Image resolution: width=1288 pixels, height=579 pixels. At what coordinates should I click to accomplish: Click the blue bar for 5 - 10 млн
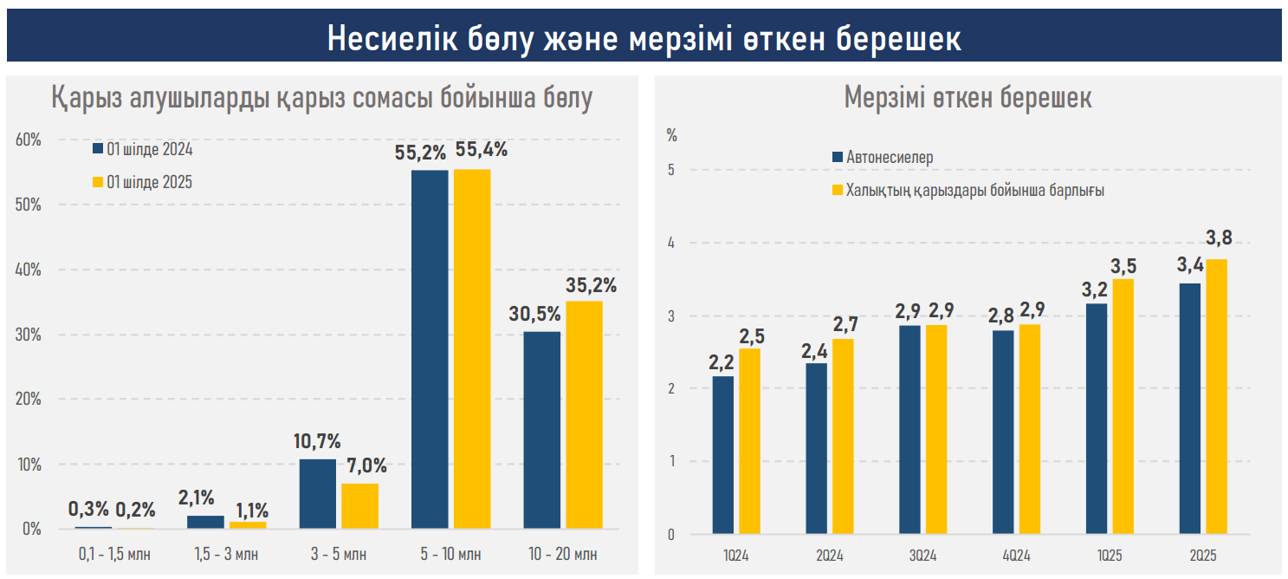(430, 349)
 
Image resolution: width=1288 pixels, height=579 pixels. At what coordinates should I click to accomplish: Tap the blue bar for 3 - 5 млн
(317, 493)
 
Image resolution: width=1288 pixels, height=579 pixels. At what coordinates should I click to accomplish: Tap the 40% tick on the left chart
(29, 270)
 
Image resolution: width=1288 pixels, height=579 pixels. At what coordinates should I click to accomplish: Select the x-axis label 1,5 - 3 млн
(227, 554)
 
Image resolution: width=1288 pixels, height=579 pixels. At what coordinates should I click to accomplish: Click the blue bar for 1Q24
(723, 454)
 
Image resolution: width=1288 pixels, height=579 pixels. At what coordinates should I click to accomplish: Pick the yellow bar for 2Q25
(1217, 396)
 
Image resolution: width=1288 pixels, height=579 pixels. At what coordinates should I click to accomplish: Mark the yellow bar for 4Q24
(1030, 429)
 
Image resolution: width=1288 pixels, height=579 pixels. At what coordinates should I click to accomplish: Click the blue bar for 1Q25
(1096, 418)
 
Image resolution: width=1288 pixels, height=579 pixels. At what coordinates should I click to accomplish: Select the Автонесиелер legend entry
(889, 158)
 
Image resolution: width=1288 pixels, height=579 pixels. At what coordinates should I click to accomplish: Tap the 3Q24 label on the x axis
(922, 553)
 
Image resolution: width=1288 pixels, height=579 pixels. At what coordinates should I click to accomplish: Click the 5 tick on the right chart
(671, 170)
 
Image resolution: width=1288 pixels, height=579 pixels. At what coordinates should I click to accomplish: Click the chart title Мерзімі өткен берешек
(968, 98)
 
